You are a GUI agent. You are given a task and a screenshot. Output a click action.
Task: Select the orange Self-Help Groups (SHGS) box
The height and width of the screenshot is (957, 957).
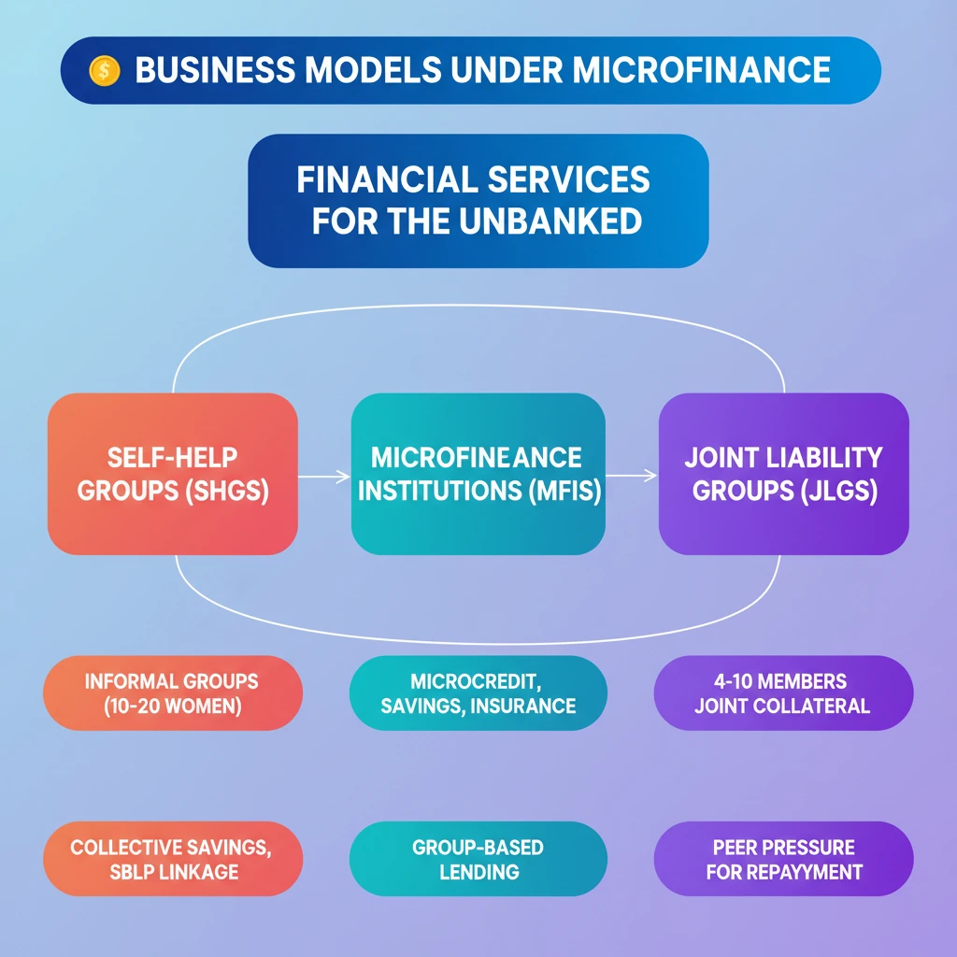tap(173, 474)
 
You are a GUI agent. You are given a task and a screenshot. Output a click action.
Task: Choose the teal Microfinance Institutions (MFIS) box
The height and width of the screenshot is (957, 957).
tap(478, 474)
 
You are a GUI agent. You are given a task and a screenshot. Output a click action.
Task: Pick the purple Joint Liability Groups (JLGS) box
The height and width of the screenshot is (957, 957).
tap(783, 474)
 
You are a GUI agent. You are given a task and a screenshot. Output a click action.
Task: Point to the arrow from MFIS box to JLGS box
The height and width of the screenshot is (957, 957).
tap(632, 476)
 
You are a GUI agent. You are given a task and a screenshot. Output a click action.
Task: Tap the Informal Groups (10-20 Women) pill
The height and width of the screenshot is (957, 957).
tap(173, 693)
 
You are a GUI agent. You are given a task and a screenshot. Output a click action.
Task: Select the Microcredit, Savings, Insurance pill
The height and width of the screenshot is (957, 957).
tap(478, 693)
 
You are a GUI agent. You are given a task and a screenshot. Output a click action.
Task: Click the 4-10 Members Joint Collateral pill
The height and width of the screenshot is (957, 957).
tap(783, 693)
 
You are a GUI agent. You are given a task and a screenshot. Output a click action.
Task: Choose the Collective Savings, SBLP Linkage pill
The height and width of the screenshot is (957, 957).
tap(173, 859)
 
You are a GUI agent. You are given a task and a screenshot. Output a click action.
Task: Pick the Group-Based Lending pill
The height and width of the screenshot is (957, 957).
tap(478, 859)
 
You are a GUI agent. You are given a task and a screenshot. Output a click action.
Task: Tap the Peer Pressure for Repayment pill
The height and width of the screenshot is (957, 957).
tap(783, 859)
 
